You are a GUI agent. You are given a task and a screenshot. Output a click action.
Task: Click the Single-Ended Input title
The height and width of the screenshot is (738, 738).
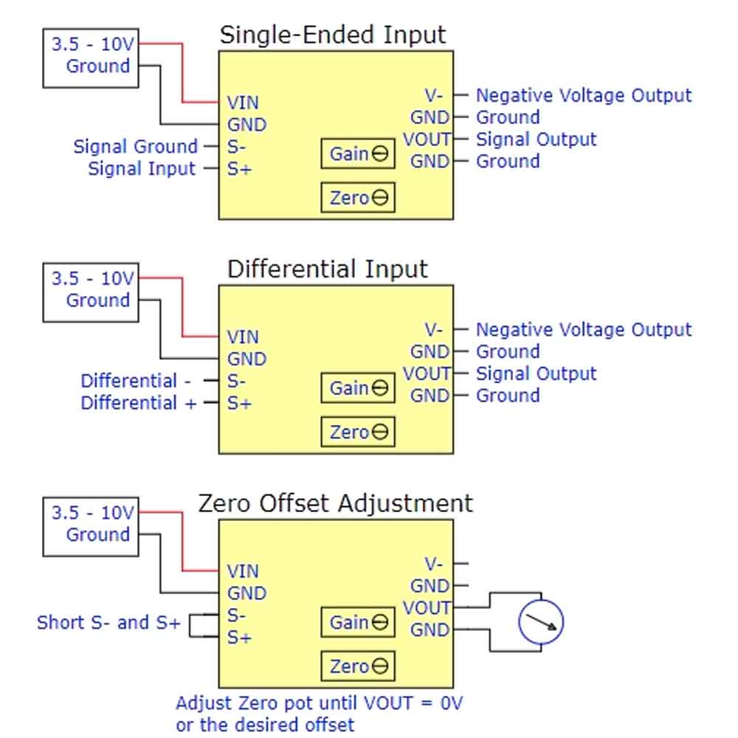(333, 35)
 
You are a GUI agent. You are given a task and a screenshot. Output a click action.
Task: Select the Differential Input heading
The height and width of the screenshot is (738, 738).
(327, 269)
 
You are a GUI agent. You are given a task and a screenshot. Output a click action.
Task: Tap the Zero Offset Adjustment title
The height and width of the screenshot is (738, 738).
(335, 503)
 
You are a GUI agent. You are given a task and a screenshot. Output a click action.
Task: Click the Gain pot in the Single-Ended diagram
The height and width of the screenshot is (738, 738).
(358, 154)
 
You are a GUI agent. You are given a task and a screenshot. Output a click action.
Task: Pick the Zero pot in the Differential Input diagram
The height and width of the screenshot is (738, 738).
(358, 432)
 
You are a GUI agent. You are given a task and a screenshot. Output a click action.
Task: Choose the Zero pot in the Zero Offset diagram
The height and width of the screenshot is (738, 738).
(358, 666)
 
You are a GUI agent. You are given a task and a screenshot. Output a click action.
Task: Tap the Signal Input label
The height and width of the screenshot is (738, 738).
(142, 168)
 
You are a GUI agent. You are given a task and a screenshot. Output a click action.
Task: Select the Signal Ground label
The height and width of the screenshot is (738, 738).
(135, 146)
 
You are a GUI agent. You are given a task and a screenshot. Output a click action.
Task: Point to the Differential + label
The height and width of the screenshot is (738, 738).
(138, 403)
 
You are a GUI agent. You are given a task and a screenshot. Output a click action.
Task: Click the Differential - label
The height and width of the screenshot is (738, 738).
(136, 381)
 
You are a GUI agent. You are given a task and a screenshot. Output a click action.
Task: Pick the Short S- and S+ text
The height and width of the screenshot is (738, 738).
(108, 622)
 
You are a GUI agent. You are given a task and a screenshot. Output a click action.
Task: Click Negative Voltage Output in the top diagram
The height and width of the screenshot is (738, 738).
(583, 95)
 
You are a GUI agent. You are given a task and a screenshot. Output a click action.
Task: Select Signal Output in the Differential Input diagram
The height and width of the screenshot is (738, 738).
(536, 373)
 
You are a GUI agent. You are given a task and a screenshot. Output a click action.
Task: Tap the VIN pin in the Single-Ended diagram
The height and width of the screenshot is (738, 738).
(243, 103)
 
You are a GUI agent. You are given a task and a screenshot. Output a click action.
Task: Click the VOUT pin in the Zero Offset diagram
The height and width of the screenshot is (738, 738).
(427, 608)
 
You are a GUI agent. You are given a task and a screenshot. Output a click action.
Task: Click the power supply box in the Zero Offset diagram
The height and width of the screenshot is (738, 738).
(91, 524)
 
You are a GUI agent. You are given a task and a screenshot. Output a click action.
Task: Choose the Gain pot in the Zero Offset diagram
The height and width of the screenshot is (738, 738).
(358, 622)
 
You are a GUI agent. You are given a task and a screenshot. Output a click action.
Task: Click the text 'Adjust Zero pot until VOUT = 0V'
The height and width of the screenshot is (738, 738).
(319, 703)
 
